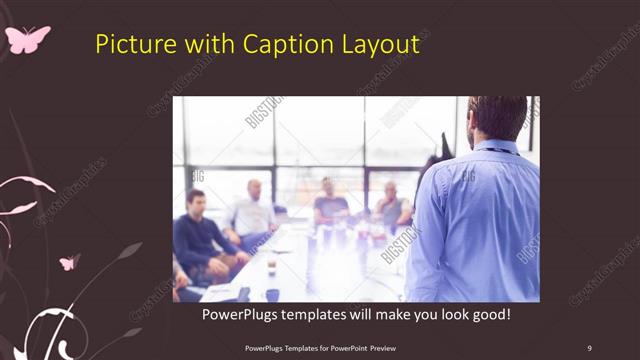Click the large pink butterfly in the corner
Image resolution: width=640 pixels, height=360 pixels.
click(27, 39)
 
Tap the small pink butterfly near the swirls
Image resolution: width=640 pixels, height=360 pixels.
click(69, 262)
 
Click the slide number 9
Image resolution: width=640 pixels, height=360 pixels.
click(589, 347)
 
